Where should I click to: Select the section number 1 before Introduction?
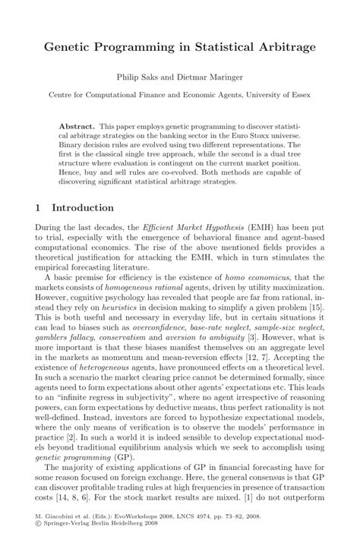(x=39, y=207)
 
